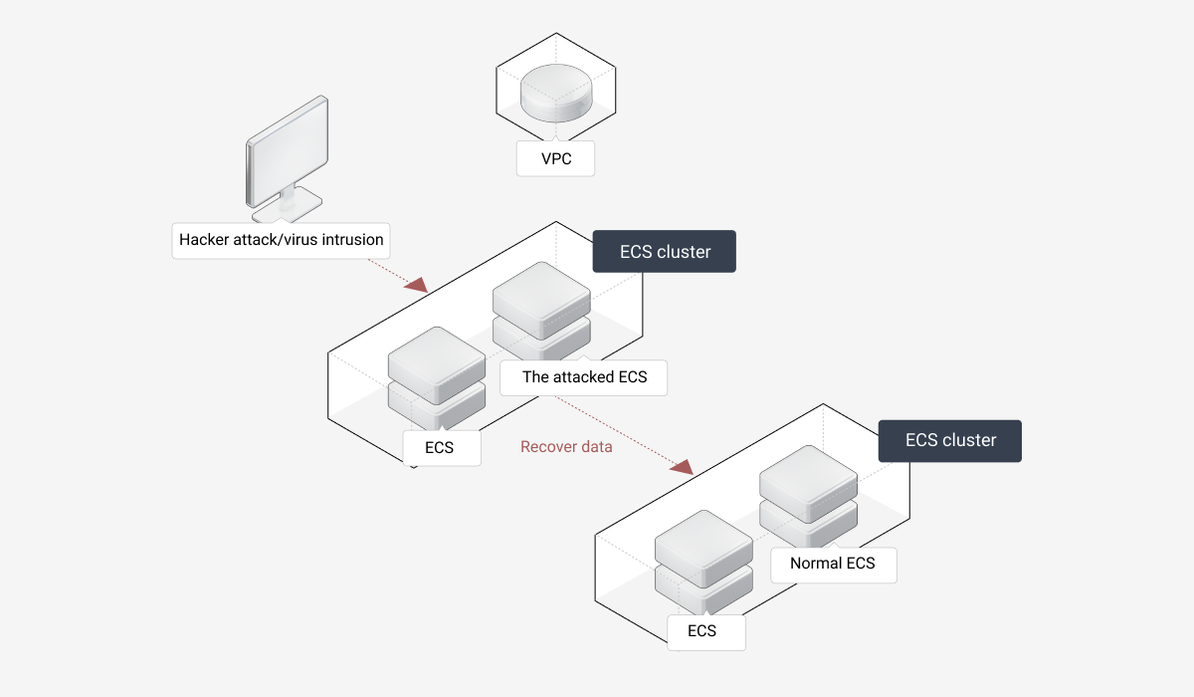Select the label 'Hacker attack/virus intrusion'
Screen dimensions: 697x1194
(x=281, y=240)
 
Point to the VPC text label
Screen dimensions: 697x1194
(x=555, y=158)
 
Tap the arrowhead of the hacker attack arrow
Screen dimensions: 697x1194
(x=417, y=285)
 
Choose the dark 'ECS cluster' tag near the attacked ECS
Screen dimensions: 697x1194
(x=665, y=252)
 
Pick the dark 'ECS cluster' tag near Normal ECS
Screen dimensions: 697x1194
(x=950, y=440)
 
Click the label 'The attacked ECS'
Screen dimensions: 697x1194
(x=584, y=377)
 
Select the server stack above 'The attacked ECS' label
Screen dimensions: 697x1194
(x=541, y=309)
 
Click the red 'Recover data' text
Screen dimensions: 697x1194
(x=566, y=447)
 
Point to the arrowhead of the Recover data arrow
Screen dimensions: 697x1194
(x=683, y=465)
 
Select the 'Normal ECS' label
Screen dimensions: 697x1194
(x=832, y=564)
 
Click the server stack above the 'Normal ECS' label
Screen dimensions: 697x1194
(x=808, y=495)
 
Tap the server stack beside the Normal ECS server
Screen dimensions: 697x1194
(x=702, y=561)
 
